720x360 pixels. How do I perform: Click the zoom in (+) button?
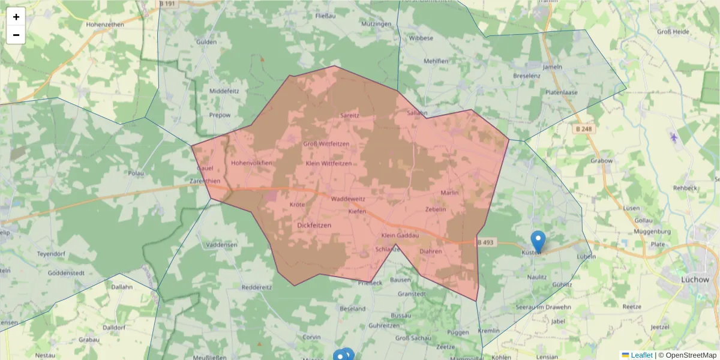click(x=16, y=17)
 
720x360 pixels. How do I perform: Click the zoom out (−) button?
click(x=16, y=35)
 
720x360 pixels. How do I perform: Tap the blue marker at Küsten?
click(x=538, y=241)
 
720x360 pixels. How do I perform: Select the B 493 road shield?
click(x=486, y=242)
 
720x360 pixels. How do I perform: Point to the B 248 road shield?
click(x=583, y=128)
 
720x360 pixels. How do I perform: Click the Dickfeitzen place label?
click(x=314, y=225)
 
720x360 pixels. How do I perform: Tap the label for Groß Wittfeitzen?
click(x=326, y=144)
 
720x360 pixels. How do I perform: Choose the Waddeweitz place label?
click(x=348, y=199)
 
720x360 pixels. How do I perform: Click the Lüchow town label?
click(x=695, y=279)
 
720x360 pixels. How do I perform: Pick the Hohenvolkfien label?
click(x=252, y=163)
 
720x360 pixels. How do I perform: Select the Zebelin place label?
click(x=436, y=209)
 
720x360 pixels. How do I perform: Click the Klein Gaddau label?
click(x=400, y=235)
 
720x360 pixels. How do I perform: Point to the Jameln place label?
click(x=552, y=67)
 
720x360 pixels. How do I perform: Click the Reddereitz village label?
click(x=256, y=287)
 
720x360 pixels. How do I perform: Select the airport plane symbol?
click(x=674, y=137)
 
